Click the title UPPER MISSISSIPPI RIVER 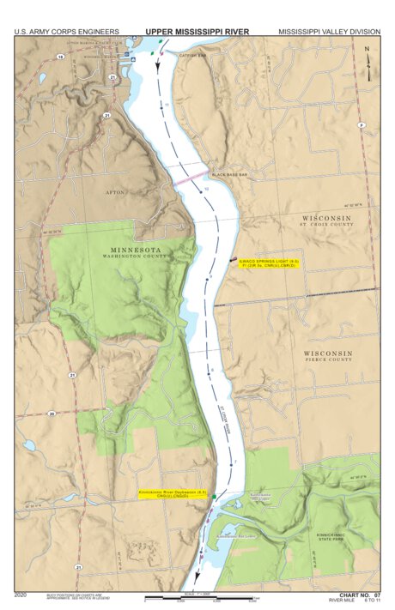click(x=197, y=31)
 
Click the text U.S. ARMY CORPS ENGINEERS click(x=66, y=32)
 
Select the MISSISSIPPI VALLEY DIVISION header click(x=329, y=32)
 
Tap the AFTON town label click(x=115, y=192)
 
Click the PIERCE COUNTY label click(x=327, y=360)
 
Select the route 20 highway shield click(x=52, y=414)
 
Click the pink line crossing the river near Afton click(x=187, y=181)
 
